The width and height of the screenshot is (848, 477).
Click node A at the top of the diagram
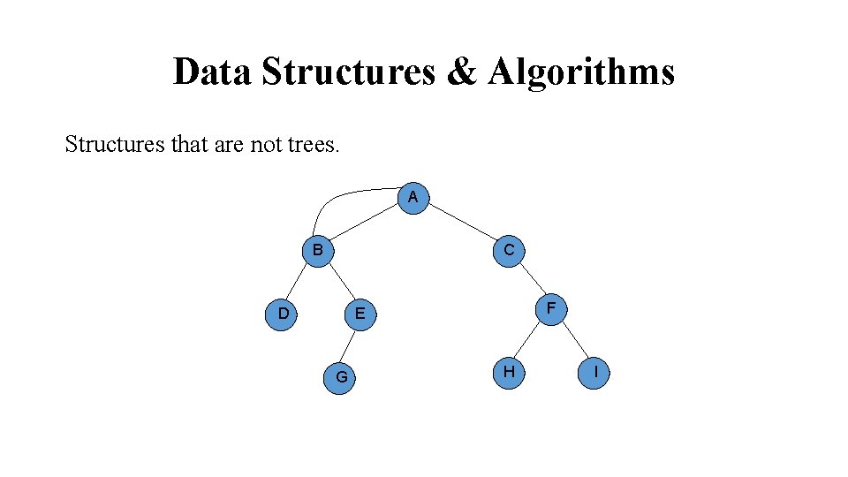click(x=413, y=198)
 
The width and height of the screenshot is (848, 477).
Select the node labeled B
click(x=316, y=251)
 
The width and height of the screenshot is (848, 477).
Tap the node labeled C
click(x=510, y=251)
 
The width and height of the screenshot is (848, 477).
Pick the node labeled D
click(x=283, y=314)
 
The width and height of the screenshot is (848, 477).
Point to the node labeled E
click(x=359, y=314)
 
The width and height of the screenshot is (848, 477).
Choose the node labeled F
click(x=551, y=308)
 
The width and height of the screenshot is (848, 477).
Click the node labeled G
click(x=341, y=378)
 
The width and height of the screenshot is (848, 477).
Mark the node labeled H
click(x=509, y=372)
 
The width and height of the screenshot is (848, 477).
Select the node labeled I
click(x=595, y=372)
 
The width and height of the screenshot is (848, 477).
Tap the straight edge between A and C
click(x=462, y=224)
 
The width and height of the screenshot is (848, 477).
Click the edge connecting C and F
click(x=530, y=280)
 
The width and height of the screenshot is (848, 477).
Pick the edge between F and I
click(x=573, y=340)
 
